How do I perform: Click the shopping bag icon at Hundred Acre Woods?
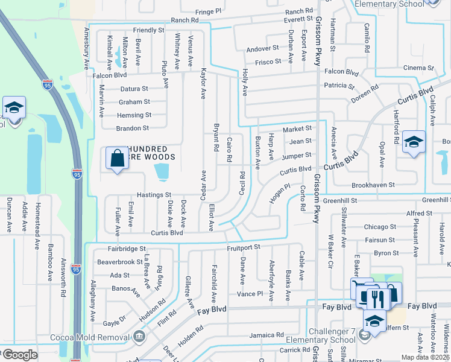[x=117, y=159]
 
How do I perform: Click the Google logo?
[x=20, y=355]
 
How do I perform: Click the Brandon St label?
[x=133, y=128]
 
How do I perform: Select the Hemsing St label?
[x=134, y=115]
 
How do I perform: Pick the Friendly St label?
[x=148, y=30]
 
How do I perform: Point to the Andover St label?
[x=262, y=48]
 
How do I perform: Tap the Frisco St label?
[x=268, y=62]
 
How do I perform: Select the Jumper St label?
[x=296, y=156]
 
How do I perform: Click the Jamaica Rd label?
[x=266, y=335]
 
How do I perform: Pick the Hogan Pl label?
[x=280, y=194]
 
